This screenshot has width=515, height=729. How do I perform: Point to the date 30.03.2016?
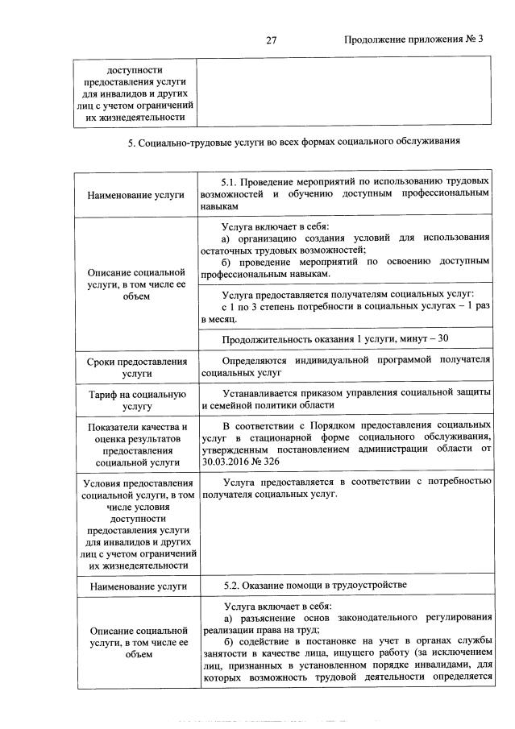pyautogui.click(x=228, y=463)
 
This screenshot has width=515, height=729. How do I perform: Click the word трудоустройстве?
pyautogui.click(x=370, y=584)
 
